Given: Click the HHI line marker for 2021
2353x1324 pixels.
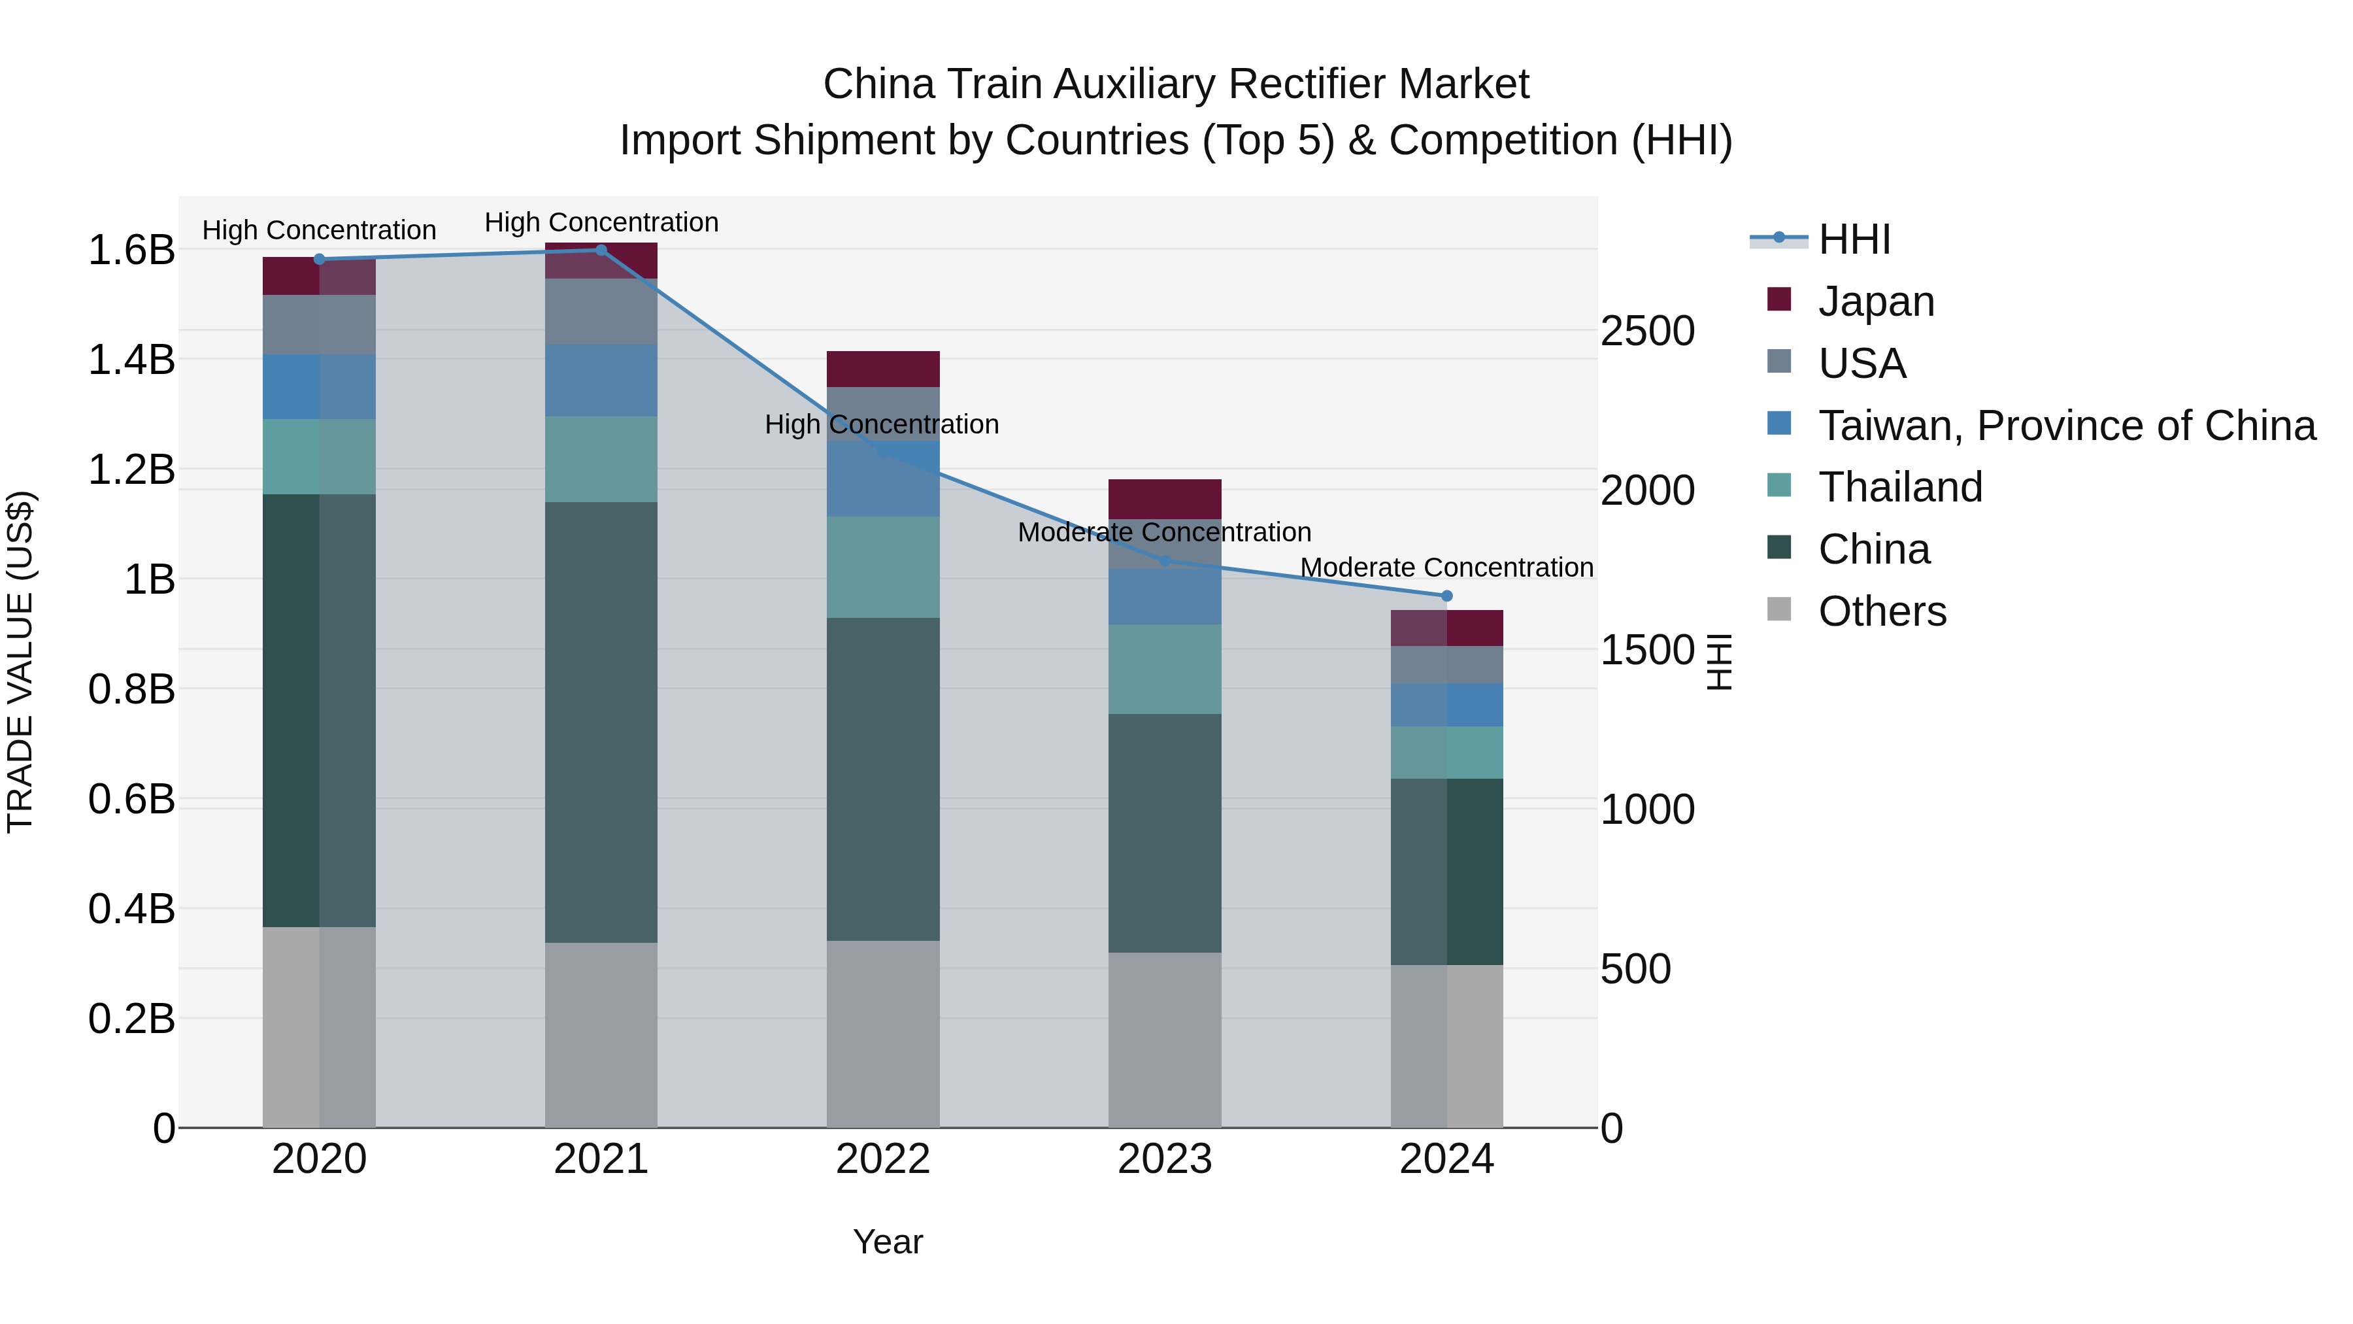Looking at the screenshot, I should (601, 250).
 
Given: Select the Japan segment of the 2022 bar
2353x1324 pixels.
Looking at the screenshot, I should (882, 369).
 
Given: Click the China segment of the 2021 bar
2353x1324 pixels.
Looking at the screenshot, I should (601, 722).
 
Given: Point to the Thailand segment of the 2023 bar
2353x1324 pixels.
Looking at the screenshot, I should (1165, 669).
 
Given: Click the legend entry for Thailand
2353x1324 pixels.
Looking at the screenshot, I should (1900, 487).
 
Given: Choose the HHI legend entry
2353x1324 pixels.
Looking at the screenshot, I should (1854, 239).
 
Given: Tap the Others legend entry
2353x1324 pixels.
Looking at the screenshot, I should (1882, 611).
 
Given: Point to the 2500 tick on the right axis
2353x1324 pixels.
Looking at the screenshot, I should (1647, 331).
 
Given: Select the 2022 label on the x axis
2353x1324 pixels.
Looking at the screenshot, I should (882, 1159).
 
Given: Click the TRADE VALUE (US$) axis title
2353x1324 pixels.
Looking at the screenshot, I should (20, 662).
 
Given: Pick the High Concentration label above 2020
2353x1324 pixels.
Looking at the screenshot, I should (319, 230).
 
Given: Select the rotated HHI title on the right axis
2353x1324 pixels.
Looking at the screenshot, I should (1719, 662).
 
